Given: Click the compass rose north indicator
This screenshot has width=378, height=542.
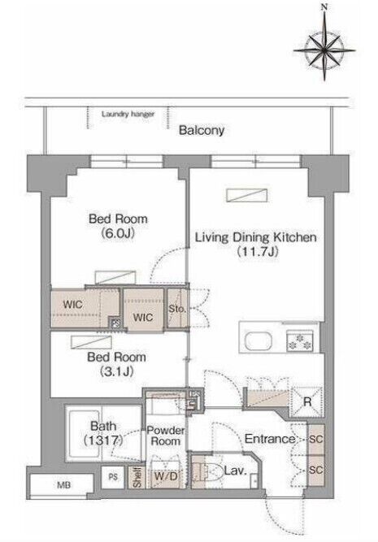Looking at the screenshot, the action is pyautogui.click(x=324, y=7).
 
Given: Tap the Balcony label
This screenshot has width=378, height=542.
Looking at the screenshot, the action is pyautogui.click(x=202, y=130).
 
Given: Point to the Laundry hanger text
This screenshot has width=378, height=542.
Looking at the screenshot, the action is pyautogui.click(x=128, y=114).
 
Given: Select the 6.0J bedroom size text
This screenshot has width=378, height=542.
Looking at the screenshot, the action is pyautogui.click(x=118, y=234).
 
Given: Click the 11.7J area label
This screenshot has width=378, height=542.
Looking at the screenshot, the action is pyautogui.click(x=258, y=252).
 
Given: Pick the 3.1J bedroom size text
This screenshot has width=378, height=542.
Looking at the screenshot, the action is pyautogui.click(x=117, y=371).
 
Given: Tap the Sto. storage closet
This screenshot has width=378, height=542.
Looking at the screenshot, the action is pyautogui.click(x=178, y=308).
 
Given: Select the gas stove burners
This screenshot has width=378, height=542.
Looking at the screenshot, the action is pyautogui.click(x=299, y=340).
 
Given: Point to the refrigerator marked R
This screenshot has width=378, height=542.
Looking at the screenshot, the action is pyautogui.click(x=306, y=401).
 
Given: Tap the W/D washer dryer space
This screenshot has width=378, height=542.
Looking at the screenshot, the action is pyautogui.click(x=165, y=476).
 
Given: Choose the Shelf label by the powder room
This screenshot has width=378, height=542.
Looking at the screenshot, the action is pyautogui.click(x=137, y=478).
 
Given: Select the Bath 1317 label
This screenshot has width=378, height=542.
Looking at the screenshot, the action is pyautogui.click(x=103, y=433).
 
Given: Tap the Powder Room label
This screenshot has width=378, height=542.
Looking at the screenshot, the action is pyautogui.click(x=166, y=436).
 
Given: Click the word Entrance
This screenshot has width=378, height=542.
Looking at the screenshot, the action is pyautogui.click(x=269, y=439).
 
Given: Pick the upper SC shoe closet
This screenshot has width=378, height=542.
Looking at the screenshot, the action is pyautogui.click(x=315, y=440).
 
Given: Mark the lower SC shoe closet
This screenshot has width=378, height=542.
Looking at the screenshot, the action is pyautogui.click(x=315, y=470).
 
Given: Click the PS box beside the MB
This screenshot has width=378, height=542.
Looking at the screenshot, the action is pyautogui.click(x=113, y=477).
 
